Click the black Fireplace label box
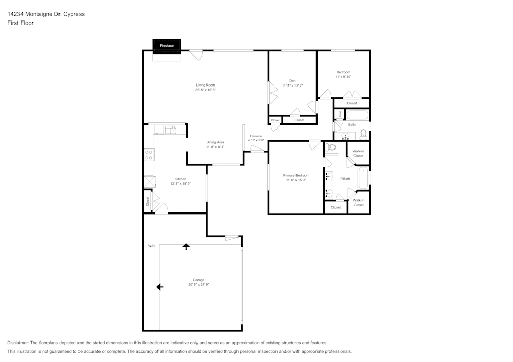(x=167, y=46)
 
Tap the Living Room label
(x=205, y=85)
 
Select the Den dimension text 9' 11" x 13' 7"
(x=292, y=86)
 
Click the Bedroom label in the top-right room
(x=343, y=72)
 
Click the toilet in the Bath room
(x=363, y=134)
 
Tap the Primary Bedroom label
(x=296, y=175)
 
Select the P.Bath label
(x=345, y=179)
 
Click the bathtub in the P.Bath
(x=363, y=178)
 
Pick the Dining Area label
(x=215, y=142)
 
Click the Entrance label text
(x=255, y=136)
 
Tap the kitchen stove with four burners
(x=149, y=155)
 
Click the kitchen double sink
(x=171, y=130)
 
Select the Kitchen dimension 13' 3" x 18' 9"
(x=181, y=184)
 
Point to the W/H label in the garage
(x=151, y=246)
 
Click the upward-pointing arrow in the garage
(x=186, y=246)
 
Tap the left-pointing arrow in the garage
(x=160, y=287)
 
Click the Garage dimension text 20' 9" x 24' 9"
(x=199, y=285)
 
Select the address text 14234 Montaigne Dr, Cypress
(x=46, y=14)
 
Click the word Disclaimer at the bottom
(x=18, y=343)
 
